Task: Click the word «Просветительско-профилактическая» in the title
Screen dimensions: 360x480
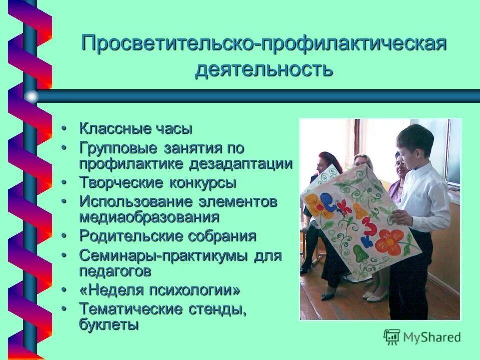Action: [x=264, y=43]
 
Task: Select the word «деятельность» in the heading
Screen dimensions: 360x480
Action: [x=264, y=69]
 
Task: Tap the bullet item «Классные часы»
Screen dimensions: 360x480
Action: [x=135, y=129]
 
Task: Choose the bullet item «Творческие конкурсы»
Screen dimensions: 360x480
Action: [x=157, y=183]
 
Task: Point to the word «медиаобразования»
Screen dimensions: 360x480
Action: [x=149, y=217]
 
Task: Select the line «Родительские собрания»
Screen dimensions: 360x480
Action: [x=167, y=236]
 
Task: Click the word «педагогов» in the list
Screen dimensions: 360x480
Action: [x=115, y=271]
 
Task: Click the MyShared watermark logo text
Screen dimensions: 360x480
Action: [x=431, y=337]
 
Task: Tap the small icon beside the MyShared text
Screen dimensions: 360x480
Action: [x=392, y=337]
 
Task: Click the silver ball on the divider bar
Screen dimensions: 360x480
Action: [x=31, y=96]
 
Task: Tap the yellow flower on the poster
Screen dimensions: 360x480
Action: [x=313, y=204]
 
